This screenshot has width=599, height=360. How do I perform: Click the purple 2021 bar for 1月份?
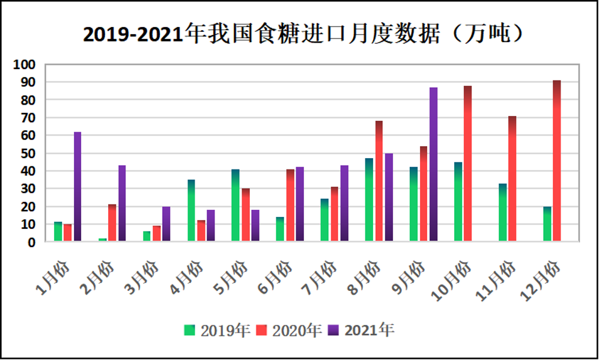tap(78, 186)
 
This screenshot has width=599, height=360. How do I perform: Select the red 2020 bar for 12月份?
tap(557, 160)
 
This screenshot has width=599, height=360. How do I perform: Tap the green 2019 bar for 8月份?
tap(369, 200)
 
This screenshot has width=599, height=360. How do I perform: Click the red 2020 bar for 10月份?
tap(467, 163)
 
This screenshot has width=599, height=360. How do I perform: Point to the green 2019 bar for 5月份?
tap(236, 205)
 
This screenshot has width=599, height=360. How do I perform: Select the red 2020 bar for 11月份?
tap(512, 178)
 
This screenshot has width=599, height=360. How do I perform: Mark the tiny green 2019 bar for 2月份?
tap(102, 239)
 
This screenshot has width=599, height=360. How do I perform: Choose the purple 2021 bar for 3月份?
tap(166, 224)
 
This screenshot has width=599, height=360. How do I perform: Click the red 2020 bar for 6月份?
tap(290, 205)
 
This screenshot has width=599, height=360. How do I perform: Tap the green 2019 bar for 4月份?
tap(191, 210)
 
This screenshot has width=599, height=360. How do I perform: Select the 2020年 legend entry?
tap(289, 330)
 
